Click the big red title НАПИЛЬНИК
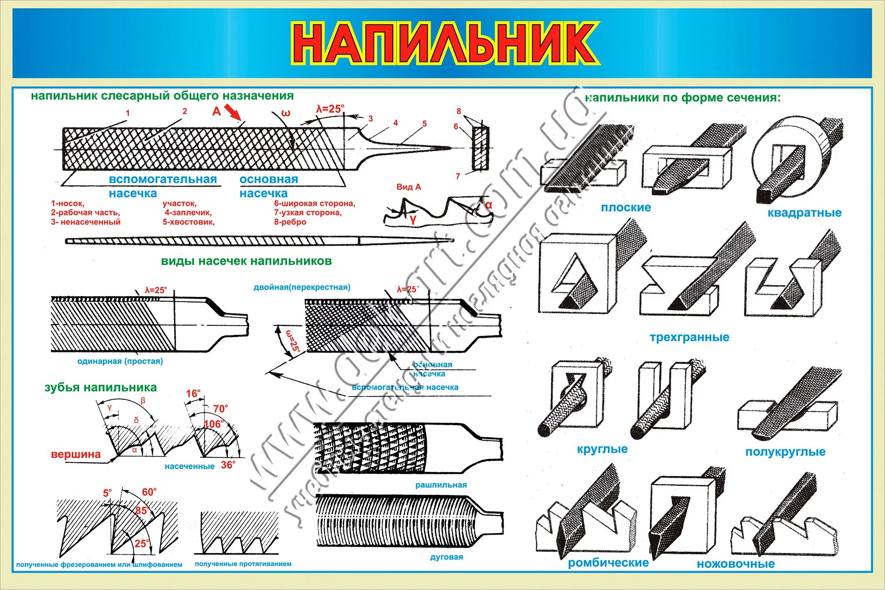click(x=444, y=43)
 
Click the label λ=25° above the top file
click(x=330, y=109)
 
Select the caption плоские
click(x=625, y=207)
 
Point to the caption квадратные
click(x=804, y=213)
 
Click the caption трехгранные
click(x=689, y=337)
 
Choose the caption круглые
click(x=602, y=449)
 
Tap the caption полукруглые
click(x=785, y=452)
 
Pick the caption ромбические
click(x=608, y=563)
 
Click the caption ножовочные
click(x=736, y=564)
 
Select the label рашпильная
click(x=441, y=485)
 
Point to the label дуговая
click(x=446, y=557)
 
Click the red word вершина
click(x=76, y=454)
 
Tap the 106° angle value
click(x=213, y=424)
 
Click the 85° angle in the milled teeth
click(x=141, y=511)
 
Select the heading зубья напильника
click(x=100, y=387)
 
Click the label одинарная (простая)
click(x=120, y=361)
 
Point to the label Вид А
click(x=409, y=187)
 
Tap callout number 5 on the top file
click(x=424, y=124)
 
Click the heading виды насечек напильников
click(x=246, y=261)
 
